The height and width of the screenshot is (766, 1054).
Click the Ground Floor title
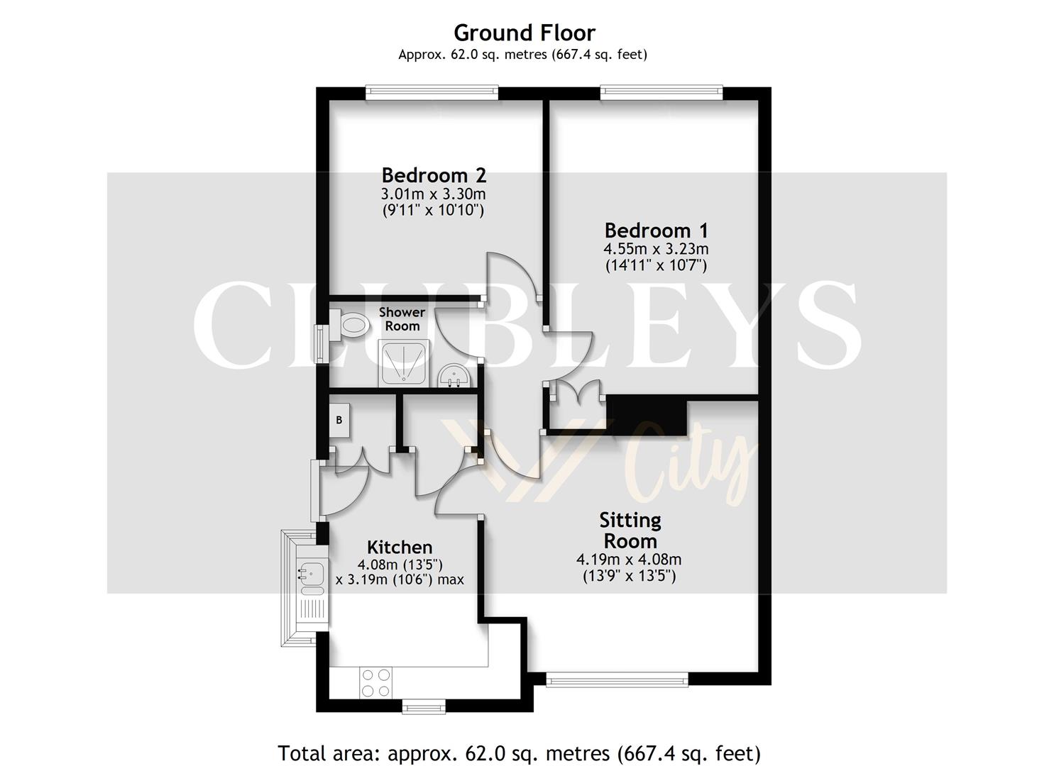click(x=524, y=33)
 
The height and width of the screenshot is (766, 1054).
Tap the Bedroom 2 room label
click(x=433, y=175)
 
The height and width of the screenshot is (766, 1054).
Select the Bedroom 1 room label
click(x=656, y=231)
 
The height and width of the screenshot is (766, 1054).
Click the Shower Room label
click(x=402, y=319)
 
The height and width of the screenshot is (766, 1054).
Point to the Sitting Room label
click(x=630, y=531)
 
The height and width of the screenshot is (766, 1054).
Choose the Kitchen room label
click(x=400, y=548)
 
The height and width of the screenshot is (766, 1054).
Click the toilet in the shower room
click(x=351, y=326)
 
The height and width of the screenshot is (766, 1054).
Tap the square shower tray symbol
click(x=404, y=363)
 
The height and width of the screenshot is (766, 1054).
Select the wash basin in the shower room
click(x=452, y=376)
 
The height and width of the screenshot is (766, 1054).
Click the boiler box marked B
click(x=339, y=420)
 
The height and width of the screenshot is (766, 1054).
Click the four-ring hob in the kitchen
click(x=375, y=682)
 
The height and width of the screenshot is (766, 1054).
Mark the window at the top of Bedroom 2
click(x=432, y=91)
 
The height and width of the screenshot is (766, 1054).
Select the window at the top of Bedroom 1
click(x=661, y=91)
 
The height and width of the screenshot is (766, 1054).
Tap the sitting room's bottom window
click(x=617, y=680)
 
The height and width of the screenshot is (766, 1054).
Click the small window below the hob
click(x=424, y=706)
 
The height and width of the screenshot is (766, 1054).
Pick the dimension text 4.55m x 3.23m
click(x=656, y=249)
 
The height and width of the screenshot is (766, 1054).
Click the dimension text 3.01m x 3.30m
click(x=433, y=194)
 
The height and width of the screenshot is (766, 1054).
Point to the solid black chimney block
click(x=647, y=416)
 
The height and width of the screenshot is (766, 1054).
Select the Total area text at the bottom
click(x=519, y=753)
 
